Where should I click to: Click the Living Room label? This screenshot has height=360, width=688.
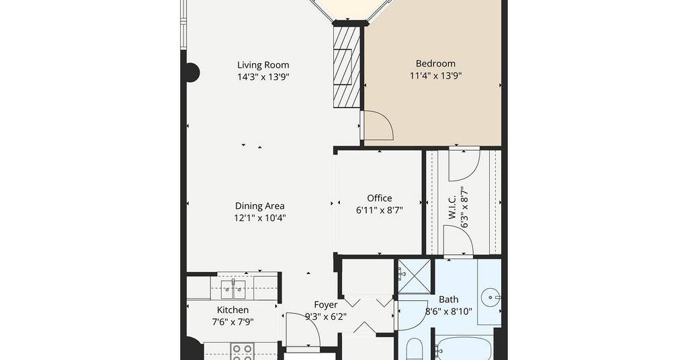tap(263, 65)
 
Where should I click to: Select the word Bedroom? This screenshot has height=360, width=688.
tap(435, 64)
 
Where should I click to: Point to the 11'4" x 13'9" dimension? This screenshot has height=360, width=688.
tap(435, 76)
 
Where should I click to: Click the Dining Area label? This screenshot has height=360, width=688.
tap(260, 206)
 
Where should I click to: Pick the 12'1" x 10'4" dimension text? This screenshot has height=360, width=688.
tap(260, 218)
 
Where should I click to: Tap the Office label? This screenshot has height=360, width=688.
tap(380, 198)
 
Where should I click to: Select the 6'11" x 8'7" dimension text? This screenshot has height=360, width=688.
tap(380, 210)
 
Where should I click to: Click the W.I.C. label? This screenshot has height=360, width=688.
tap(452, 208)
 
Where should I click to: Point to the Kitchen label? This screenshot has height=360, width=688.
tap(232, 310)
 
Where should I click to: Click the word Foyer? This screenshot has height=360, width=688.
tap(326, 305)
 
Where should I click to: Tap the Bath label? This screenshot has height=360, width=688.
tap(448, 300)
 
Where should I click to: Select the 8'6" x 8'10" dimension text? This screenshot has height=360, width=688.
tap(448, 312)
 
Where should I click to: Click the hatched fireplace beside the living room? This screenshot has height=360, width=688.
tap(347, 66)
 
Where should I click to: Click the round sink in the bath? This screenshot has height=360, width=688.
tap(490, 298)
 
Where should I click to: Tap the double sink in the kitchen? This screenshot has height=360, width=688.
tap(232, 287)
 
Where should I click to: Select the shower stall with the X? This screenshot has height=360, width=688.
tap(415, 276)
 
